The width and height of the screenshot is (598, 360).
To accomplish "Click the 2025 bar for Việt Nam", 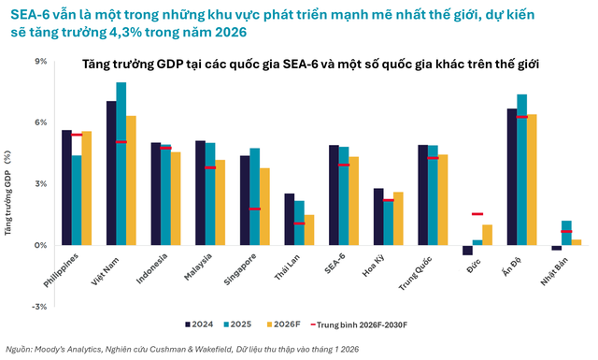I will [121, 164].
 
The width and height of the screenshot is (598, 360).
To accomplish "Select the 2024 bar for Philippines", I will [66, 187].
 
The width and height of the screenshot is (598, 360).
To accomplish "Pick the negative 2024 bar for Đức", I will [467, 250].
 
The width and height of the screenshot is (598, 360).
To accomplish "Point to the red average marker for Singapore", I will [254, 209].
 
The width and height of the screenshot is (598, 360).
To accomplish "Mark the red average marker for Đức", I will [477, 214].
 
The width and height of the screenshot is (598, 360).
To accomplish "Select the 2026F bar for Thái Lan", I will [309, 230].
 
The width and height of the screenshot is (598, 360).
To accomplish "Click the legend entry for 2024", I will [198, 324].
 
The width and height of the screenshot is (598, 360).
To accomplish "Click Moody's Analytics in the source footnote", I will [79, 350].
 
